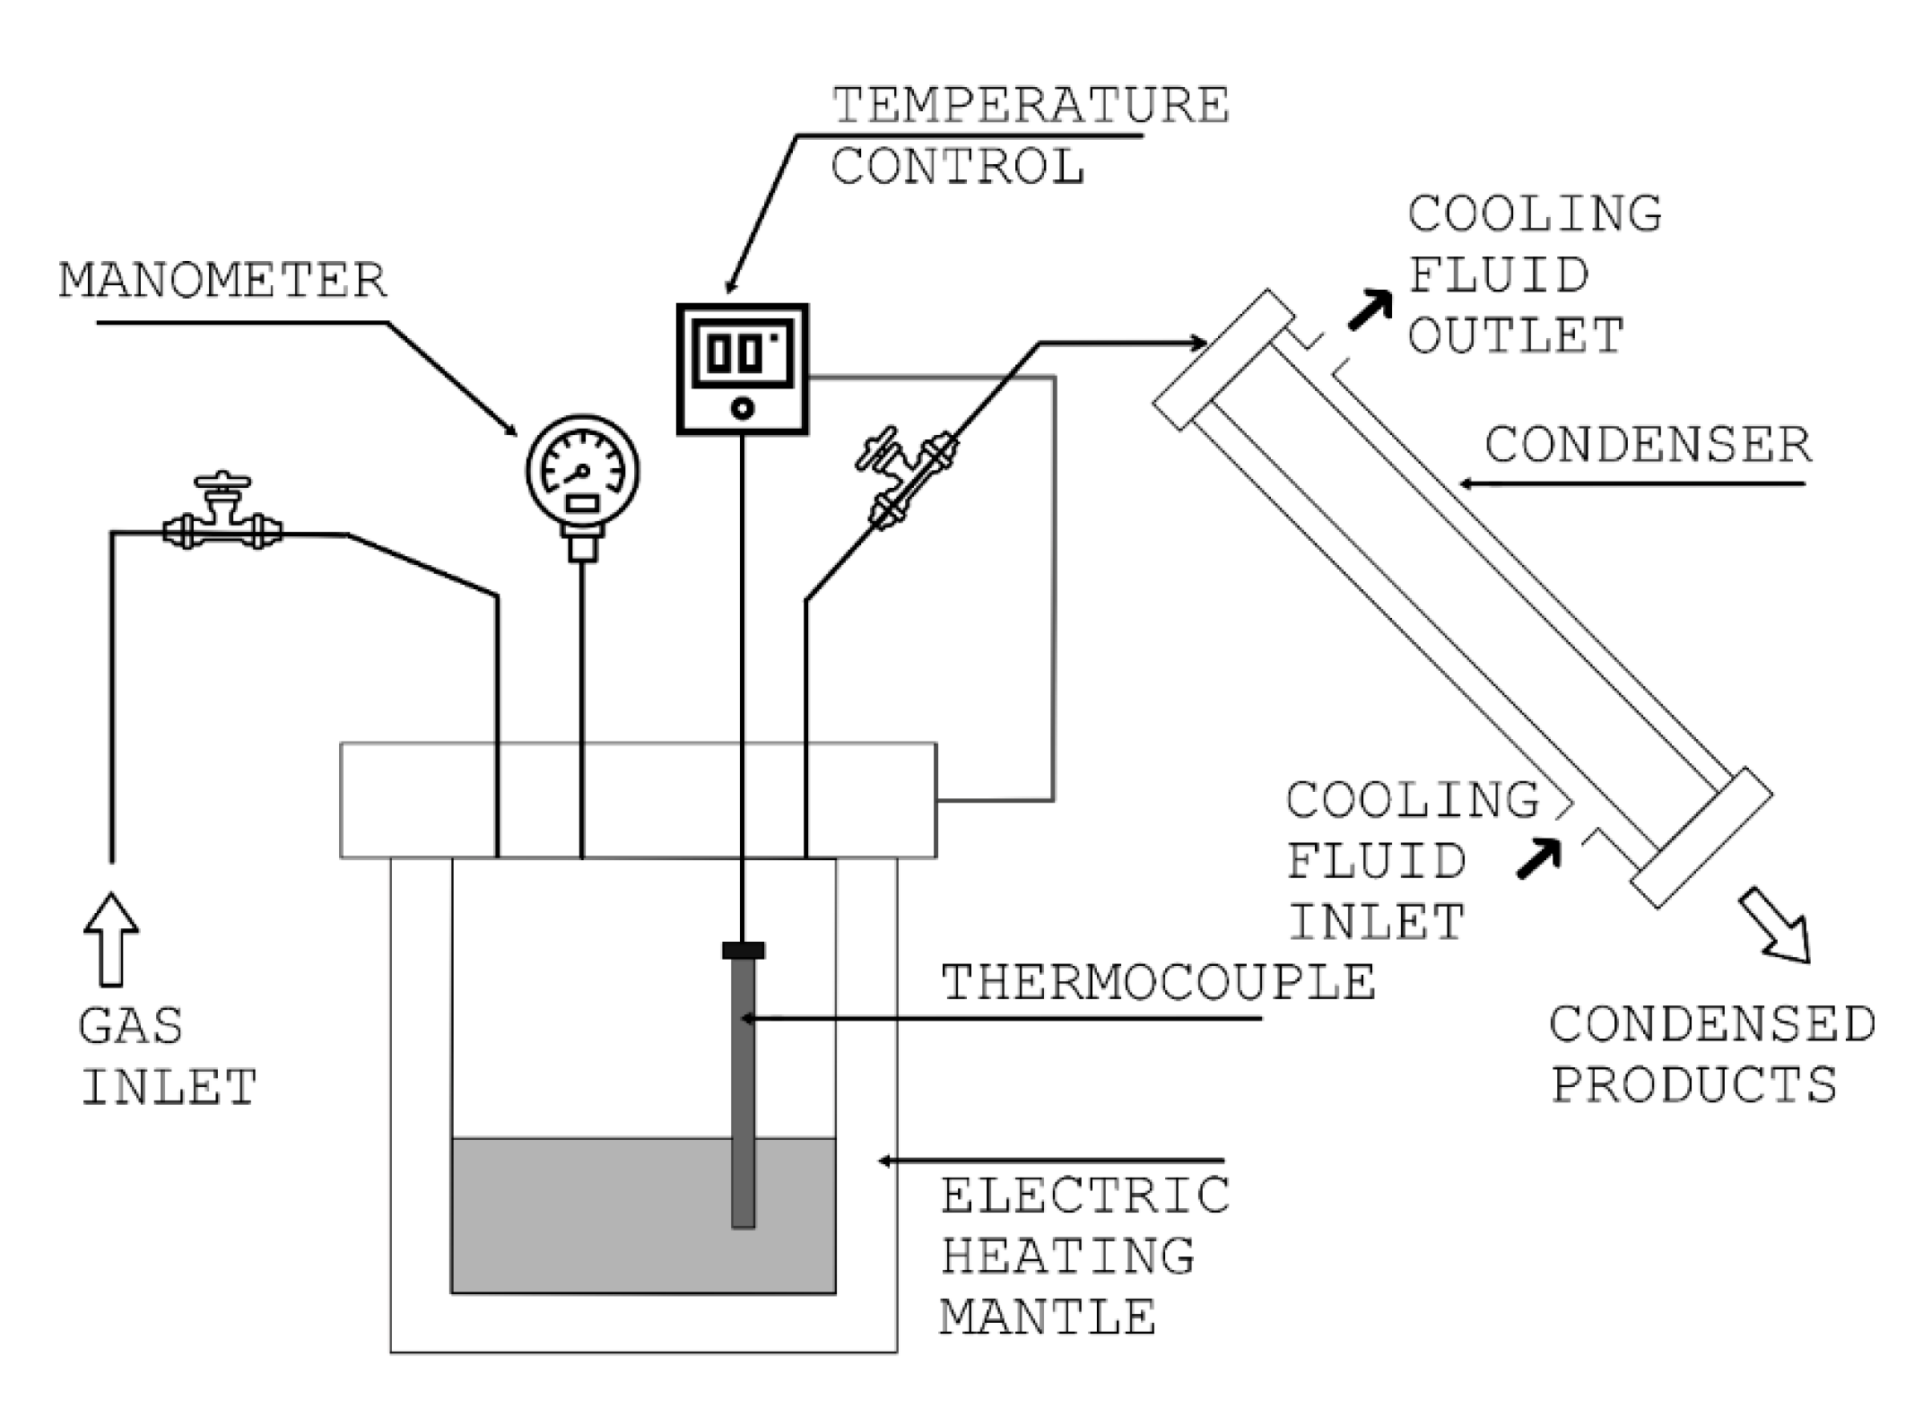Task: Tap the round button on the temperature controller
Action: coord(742,409)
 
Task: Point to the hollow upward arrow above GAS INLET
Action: coord(111,939)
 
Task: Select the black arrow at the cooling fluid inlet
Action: coord(1539,857)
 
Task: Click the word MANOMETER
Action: coord(223,281)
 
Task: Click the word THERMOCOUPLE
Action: coord(1158,982)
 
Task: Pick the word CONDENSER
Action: coord(1648,446)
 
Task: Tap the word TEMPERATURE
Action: coord(1031,106)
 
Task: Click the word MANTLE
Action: coord(1048,1318)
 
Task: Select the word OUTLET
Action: coord(1516,335)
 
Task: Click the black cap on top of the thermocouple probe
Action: coord(743,950)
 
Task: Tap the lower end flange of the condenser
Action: coord(1701,838)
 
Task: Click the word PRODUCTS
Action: coord(1693,1084)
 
